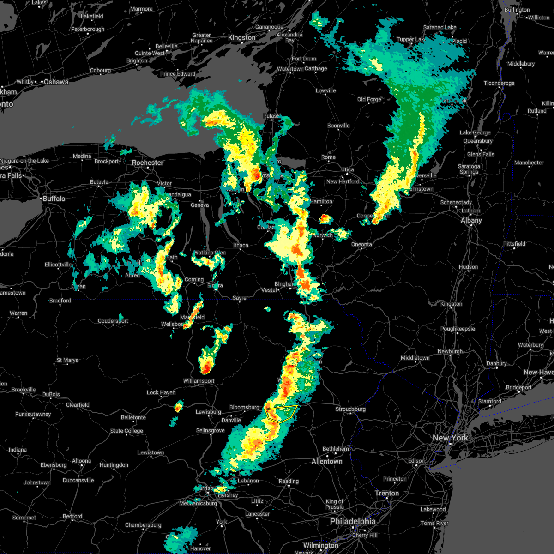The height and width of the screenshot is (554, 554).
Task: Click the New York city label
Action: (450, 438)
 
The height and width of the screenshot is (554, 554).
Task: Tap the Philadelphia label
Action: (353, 521)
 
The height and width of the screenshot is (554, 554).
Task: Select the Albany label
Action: (471, 220)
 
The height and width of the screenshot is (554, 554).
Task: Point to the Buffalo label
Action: (54, 199)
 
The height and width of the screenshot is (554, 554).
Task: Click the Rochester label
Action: (148, 163)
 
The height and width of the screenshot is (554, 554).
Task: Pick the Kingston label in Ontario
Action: (241, 38)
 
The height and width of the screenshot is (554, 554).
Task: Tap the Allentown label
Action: (327, 461)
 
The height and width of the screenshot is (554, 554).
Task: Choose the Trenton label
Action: (386, 493)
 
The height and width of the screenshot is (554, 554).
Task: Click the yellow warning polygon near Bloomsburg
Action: (282, 413)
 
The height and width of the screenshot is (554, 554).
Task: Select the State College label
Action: (126, 431)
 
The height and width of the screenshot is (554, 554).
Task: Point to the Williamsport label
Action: (199, 381)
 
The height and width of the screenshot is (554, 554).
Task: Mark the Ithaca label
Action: (241, 245)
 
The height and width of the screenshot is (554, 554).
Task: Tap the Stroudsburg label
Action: (350, 409)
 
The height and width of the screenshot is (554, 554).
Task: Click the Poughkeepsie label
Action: (458, 329)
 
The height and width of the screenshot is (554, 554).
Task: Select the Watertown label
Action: (290, 69)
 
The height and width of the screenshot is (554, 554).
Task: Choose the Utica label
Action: (347, 170)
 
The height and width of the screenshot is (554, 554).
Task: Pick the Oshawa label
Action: (56, 82)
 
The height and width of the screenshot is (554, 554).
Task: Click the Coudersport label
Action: (113, 321)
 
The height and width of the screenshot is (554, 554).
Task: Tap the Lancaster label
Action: (257, 514)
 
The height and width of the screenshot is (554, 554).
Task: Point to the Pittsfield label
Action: (514, 244)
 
